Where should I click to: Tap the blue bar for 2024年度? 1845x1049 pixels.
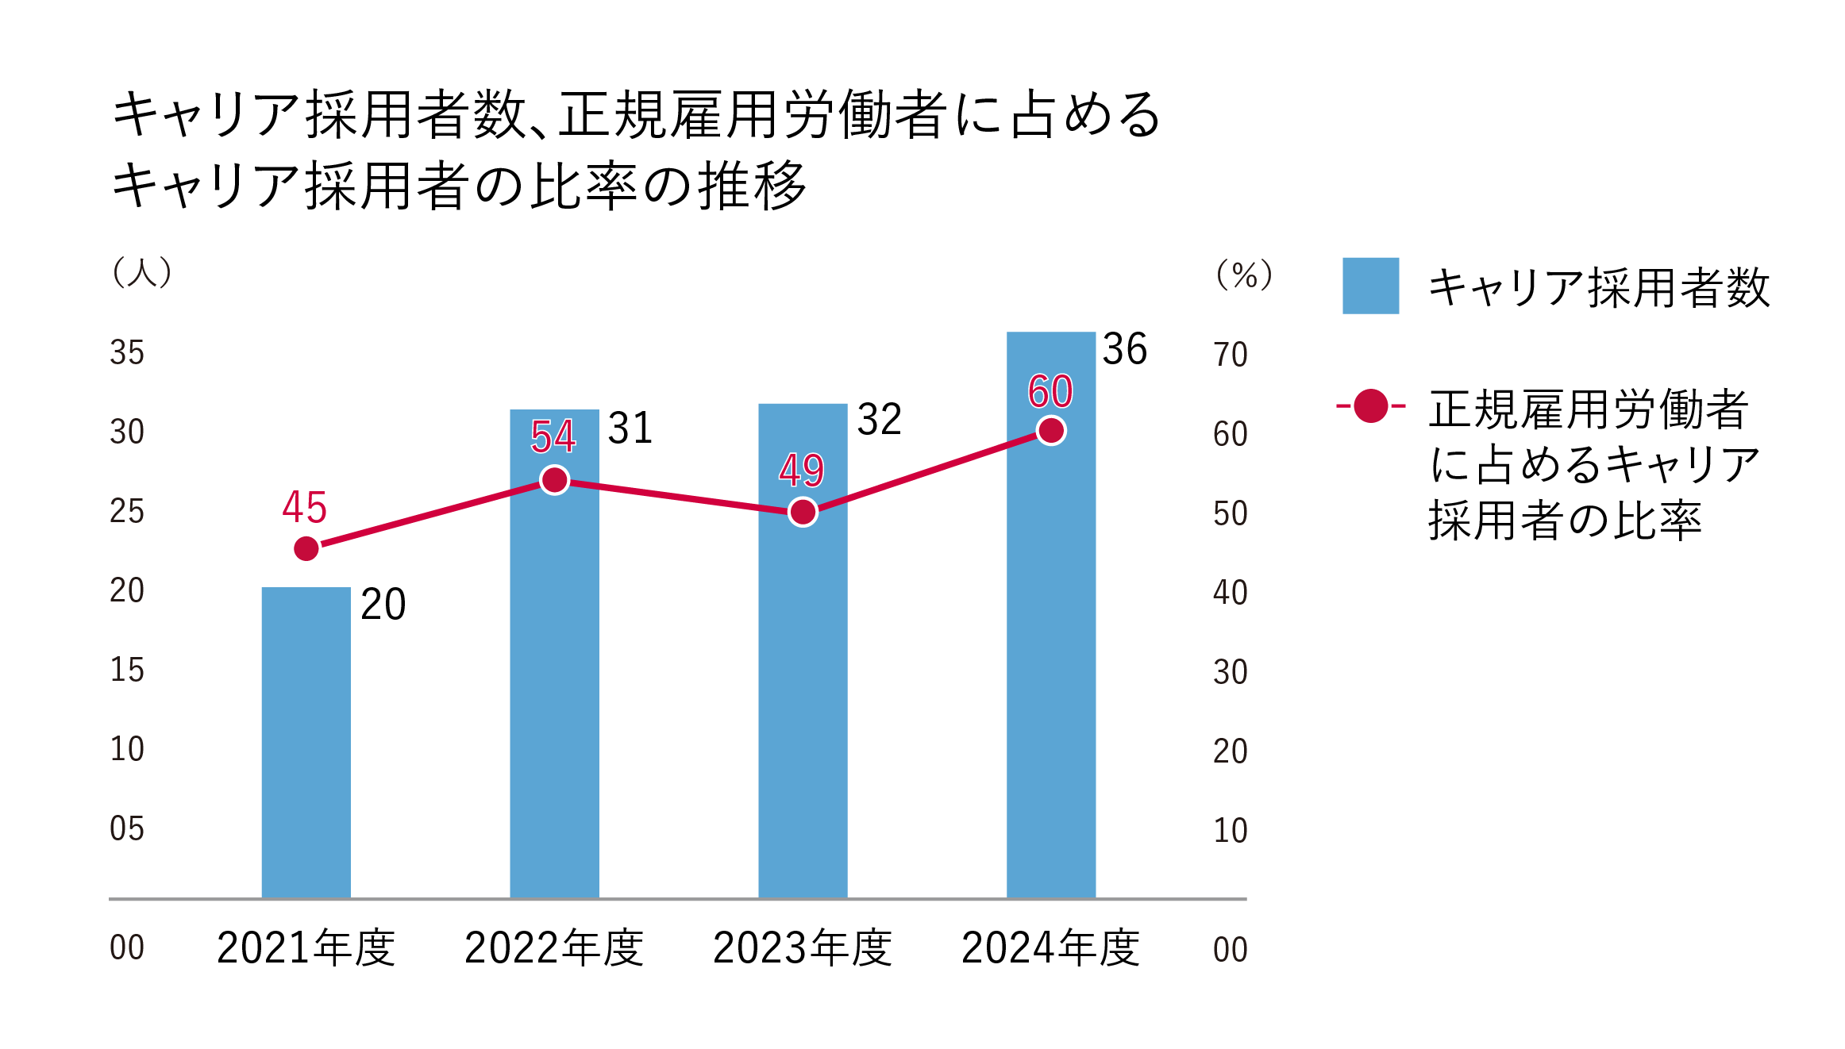(1050, 635)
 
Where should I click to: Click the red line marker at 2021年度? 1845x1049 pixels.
(306, 548)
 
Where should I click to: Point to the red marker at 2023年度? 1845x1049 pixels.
(803, 512)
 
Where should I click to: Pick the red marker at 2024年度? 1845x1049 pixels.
(1051, 431)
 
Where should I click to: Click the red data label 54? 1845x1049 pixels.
(553, 436)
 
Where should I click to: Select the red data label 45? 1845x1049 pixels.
(304, 508)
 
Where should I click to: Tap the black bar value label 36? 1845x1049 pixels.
(1124, 349)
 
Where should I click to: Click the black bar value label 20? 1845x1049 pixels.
(383, 605)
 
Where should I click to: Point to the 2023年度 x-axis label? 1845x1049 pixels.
(802, 948)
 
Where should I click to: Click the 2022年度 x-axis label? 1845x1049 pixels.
(553, 948)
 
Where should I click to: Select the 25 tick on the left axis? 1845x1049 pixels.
(127, 512)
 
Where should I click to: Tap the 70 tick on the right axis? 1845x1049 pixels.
(1230, 355)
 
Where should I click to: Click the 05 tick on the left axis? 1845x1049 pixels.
(127, 829)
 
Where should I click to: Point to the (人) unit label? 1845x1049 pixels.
(141, 273)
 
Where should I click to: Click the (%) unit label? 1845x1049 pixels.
(1244, 275)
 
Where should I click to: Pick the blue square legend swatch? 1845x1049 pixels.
(1370, 286)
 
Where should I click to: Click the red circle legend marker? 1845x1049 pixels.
(1370, 406)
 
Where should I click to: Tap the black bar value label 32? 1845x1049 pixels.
(879, 420)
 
